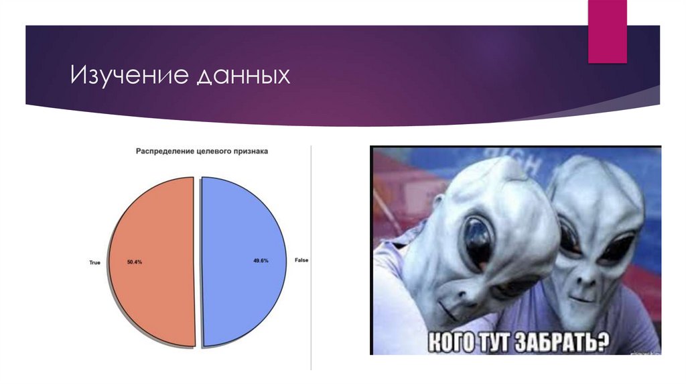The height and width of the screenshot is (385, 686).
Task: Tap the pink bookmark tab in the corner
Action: [607, 31]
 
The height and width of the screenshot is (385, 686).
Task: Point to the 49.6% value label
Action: [261, 260]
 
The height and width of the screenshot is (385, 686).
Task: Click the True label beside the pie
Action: [94, 262]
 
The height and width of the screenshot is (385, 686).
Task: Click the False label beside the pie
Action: [301, 260]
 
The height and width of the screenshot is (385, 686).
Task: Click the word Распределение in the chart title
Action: [163, 152]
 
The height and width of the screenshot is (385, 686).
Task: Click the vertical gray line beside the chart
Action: [311, 255]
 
